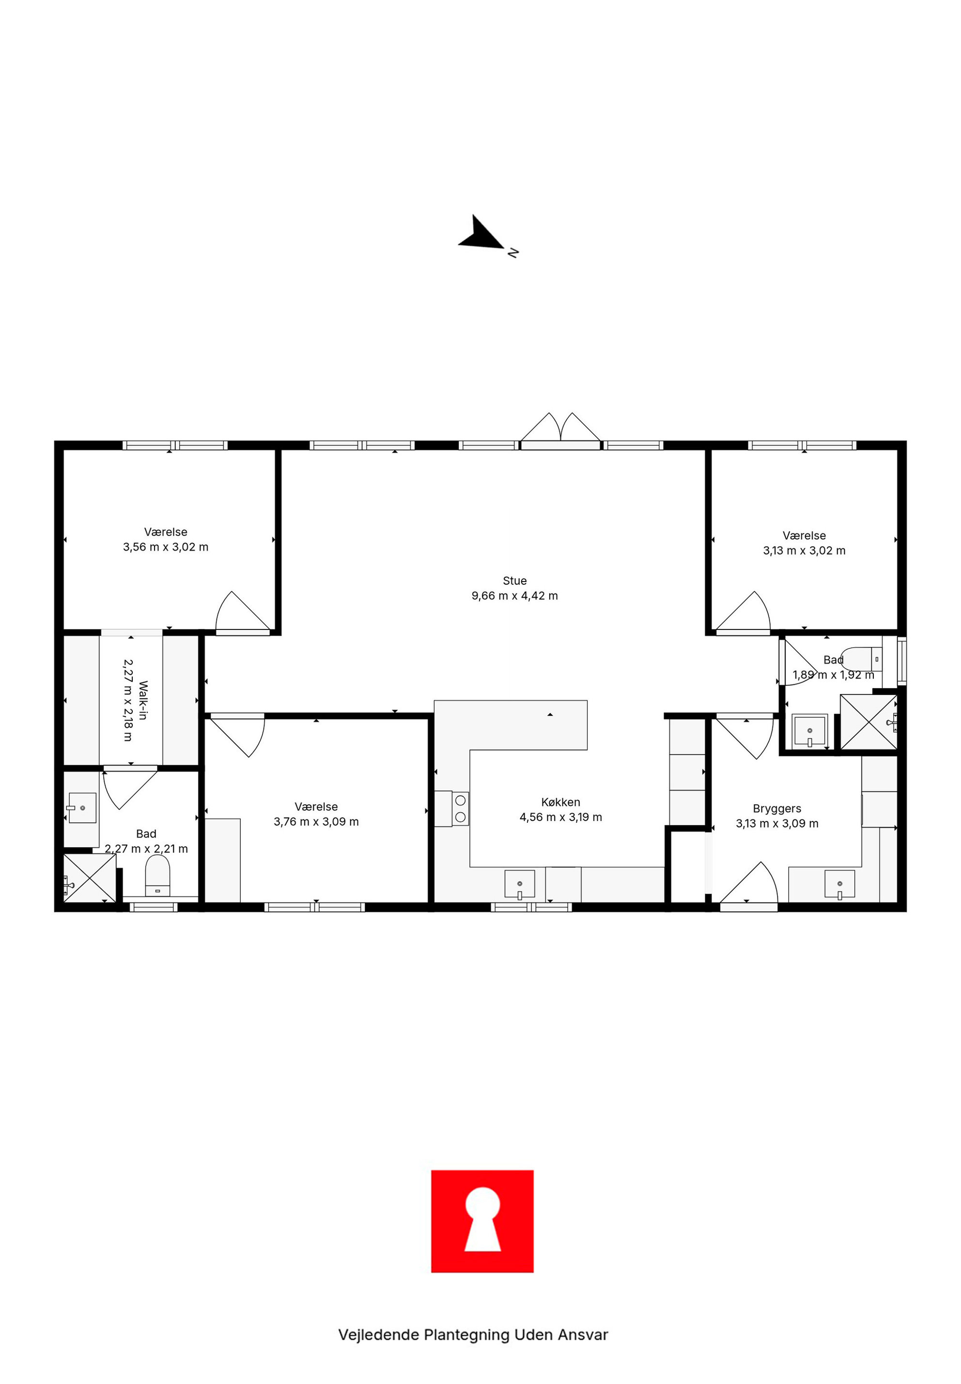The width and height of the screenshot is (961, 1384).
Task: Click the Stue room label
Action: (515, 581)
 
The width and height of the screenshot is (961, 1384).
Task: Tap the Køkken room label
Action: (560, 802)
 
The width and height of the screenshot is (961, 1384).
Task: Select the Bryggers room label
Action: (777, 809)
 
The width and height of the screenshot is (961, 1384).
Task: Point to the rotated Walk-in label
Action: (143, 700)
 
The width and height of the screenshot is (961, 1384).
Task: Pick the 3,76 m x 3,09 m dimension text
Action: (316, 822)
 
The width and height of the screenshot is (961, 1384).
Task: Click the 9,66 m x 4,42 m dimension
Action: (515, 596)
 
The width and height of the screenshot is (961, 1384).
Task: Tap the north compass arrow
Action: (481, 234)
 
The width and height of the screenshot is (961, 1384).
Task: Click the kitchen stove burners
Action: (461, 809)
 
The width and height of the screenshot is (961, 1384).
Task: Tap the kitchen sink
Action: (519, 884)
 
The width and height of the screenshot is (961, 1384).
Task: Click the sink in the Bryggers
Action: (839, 884)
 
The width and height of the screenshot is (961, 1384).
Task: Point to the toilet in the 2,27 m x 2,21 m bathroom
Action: (158, 876)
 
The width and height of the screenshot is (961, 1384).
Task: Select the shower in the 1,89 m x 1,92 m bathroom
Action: (869, 722)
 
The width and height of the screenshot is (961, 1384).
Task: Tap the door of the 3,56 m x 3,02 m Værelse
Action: (243, 613)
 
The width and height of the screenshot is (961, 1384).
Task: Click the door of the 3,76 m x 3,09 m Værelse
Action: (237, 735)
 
